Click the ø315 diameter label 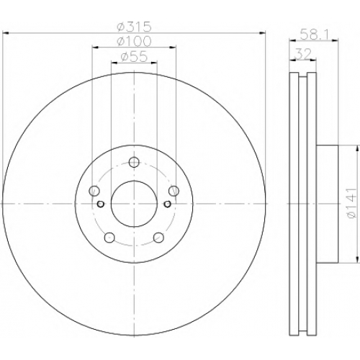[x=134, y=27]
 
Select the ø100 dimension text [x=134, y=41]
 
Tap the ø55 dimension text [x=134, y=57]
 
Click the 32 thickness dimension [x=303, y=53]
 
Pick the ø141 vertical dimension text [x=351, y=203]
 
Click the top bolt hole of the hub [x=134, y=163]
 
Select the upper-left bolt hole [x=94, y=192]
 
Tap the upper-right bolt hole [x=174, y=192]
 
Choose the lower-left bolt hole [x=109, y=238]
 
